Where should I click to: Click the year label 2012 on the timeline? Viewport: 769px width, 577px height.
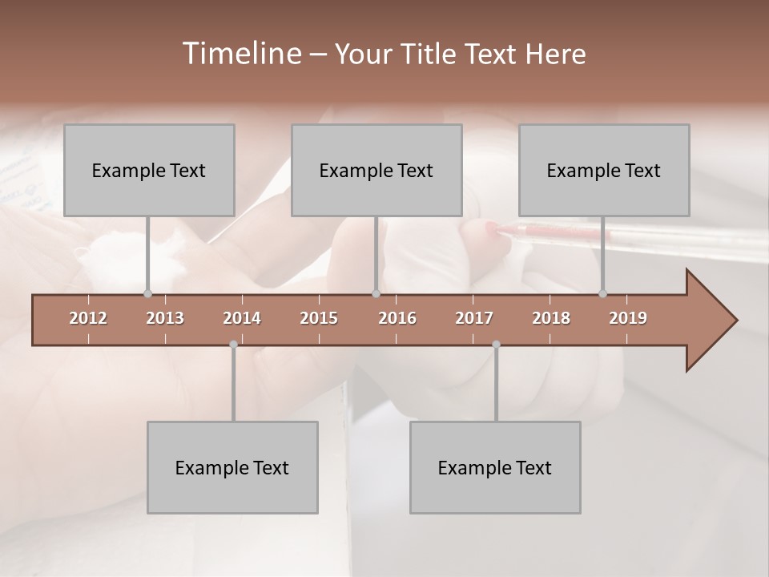[88, 318]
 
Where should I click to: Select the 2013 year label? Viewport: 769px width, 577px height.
[165, 318]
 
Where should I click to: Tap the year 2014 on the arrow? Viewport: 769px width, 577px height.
[242, 318]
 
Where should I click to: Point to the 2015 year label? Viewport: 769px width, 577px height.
[319, 318]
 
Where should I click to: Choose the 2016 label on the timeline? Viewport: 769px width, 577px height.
[397, 318]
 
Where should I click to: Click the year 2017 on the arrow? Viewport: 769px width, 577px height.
[474, 318]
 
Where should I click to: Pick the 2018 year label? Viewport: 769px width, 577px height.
[551, 318]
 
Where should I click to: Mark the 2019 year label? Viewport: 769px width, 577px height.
[628, 318]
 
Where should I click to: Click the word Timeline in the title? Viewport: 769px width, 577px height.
[240, 54]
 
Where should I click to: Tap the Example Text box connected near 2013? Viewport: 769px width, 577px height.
[149, 171]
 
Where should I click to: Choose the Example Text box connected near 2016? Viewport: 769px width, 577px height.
[376, 171]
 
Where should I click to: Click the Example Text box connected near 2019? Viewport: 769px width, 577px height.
[604, 171]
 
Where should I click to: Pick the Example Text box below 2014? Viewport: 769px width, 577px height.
[232, 467]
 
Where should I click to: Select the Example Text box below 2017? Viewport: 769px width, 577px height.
[495, 467]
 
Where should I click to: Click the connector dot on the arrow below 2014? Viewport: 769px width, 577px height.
[233, 345]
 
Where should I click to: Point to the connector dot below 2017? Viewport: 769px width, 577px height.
[496, 345]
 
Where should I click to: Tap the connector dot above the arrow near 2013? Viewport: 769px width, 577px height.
[147, 293]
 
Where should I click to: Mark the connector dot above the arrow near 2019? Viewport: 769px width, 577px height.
[602, 293]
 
